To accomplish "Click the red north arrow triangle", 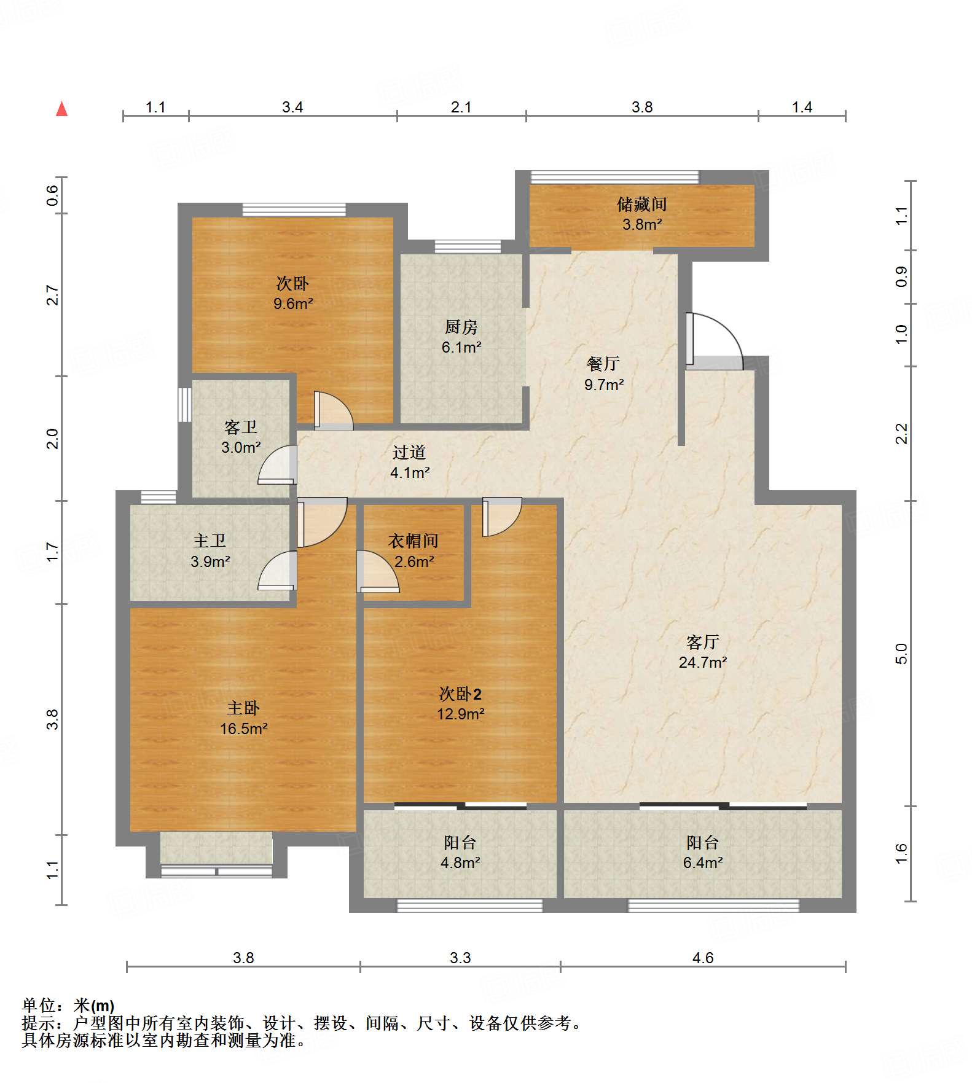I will tap(61, 109).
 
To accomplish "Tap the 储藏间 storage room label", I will tap(641, 205).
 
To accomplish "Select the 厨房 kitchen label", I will tap(461, 327).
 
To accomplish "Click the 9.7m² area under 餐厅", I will tap(604, 385).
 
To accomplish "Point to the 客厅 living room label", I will tap(702, 643).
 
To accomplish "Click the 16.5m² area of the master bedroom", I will tap(243, 729).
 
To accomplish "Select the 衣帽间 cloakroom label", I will tap(413, 541).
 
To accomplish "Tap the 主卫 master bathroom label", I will tap(210, 541).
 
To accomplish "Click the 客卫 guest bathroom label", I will tap(240, 428).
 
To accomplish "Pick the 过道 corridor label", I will tap(409, 453).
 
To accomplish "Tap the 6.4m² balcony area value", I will tap(702, 863).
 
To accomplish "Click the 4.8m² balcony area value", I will tap(460, 863).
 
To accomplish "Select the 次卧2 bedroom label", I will tap(460, 694).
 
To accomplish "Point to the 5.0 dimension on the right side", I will tap(901, 653).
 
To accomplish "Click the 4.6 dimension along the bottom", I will tap(702, 958).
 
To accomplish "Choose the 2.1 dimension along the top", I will tap(461, 108).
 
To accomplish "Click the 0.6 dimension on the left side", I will tap(53, 195).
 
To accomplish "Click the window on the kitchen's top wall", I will tap(468, 247).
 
